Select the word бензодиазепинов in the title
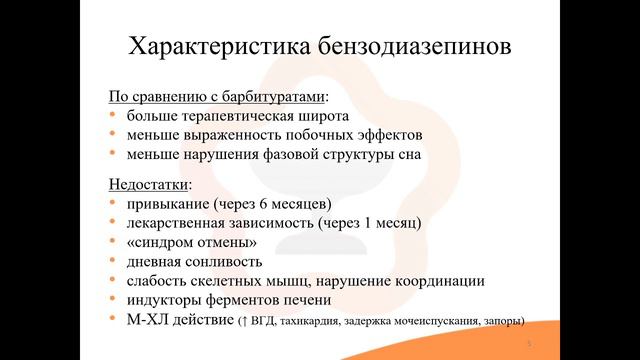[x=402, y=48]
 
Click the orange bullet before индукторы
[x=113, y=300]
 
